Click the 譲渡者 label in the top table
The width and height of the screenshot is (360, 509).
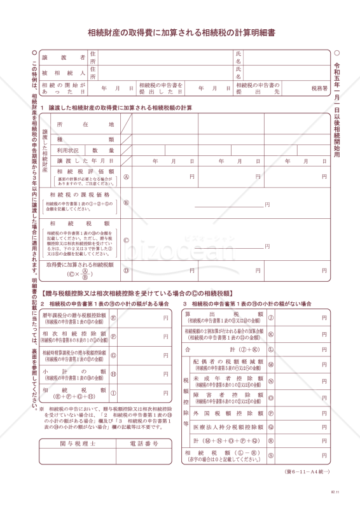click(64, 57)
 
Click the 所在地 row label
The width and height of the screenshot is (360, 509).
click(85, 124)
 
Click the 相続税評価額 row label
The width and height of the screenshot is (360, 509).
click(85, 171)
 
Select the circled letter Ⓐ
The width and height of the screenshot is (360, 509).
click(127, 176)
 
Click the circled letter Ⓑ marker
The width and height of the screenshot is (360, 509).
click(127, 203)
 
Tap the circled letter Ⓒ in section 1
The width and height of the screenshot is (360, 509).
click(127, 240)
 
